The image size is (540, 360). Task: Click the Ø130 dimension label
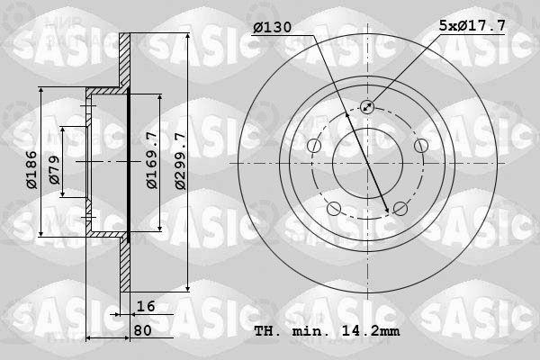(x=273, y=27)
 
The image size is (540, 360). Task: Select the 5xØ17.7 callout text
(x=472, y=25)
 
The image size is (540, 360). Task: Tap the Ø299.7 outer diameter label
(x=180, y=161)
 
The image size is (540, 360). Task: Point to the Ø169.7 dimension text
(x=152, y=160)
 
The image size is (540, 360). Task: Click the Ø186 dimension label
(x=31, y=170)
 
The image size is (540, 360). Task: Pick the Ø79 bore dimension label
(x=55, y=170)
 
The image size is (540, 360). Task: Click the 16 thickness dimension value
(x=146, y=306)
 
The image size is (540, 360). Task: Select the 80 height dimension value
(x=142, y=330)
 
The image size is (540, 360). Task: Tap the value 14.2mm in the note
(x=371, y=331)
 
